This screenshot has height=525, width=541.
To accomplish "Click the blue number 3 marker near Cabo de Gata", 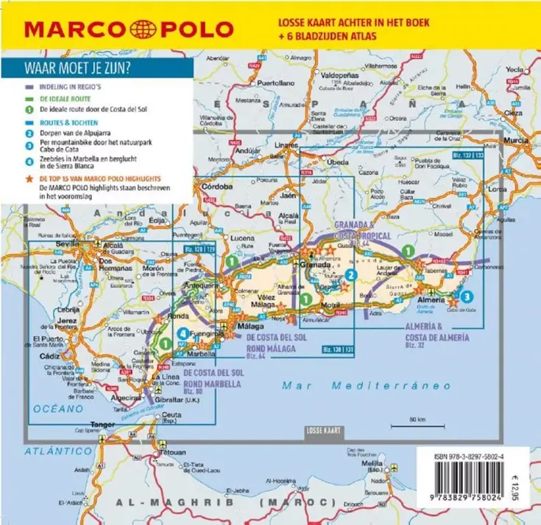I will point(467,296).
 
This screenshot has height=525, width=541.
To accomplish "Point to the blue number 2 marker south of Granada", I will point(352,275).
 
